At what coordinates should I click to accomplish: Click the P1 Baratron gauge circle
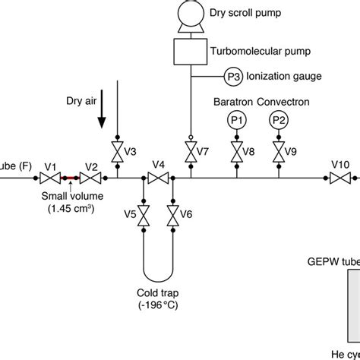[235, 120]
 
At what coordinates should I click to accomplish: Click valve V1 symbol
[49, 178]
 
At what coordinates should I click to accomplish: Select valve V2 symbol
[91, 178]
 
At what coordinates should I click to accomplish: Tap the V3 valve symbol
[118, 151]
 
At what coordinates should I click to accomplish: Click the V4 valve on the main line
[159, 178]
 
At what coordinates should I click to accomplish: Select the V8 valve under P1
[235, 151]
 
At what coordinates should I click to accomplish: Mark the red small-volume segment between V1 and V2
[70, 178]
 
